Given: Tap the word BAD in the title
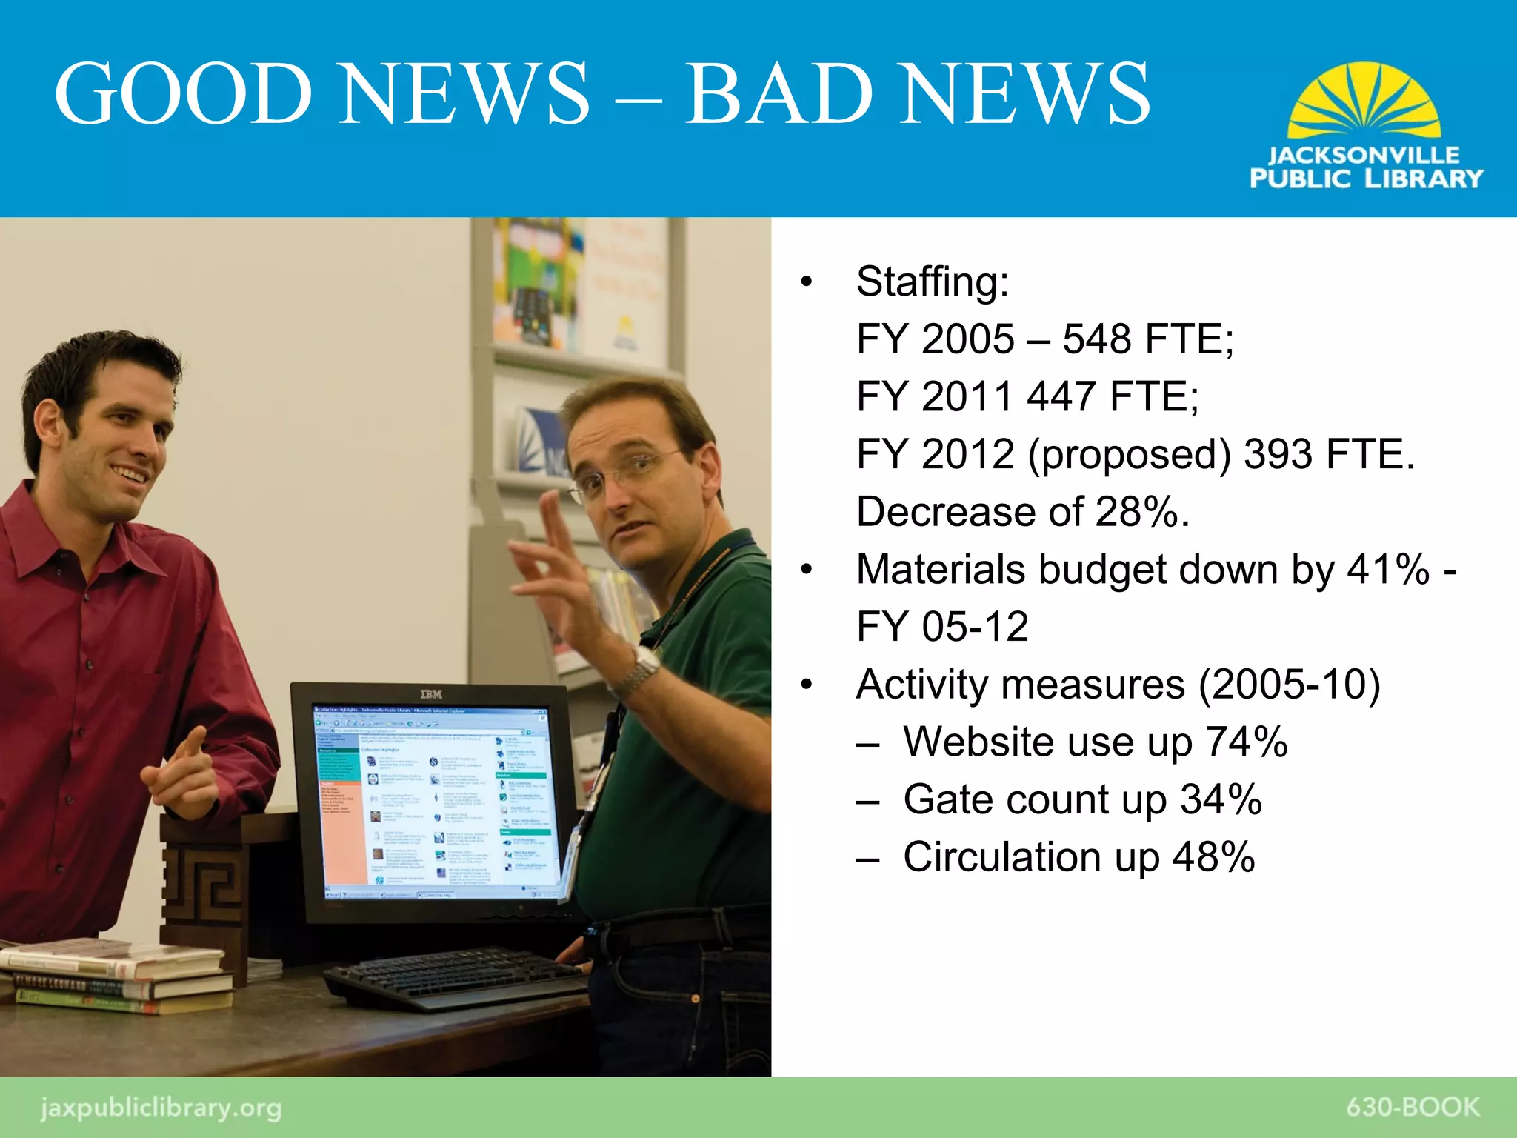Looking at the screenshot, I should pyautogui.click(x=778, y=94).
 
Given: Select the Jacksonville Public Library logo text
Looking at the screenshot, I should pyautogui.click(x=1366, y=167).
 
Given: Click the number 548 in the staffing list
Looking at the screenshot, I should pyautogui.click(x=1097, y=339).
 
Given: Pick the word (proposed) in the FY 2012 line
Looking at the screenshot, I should pyautogui.click(x=1129, y=454).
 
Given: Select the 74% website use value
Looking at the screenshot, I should pyautogui.click(x=1246, y=742).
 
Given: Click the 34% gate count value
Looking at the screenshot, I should pyautogui.click(x=1221, y=799).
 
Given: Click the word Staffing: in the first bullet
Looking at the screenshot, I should pyautogui.click(x=933, y=282).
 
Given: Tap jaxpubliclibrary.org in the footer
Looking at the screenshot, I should pyautogui.click(x=161, y=1108).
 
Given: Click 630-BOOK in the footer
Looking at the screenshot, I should pyautogui.click(x=1412, y=1107).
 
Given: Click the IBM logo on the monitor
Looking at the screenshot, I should pyautogui.click(x=431, y=694).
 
